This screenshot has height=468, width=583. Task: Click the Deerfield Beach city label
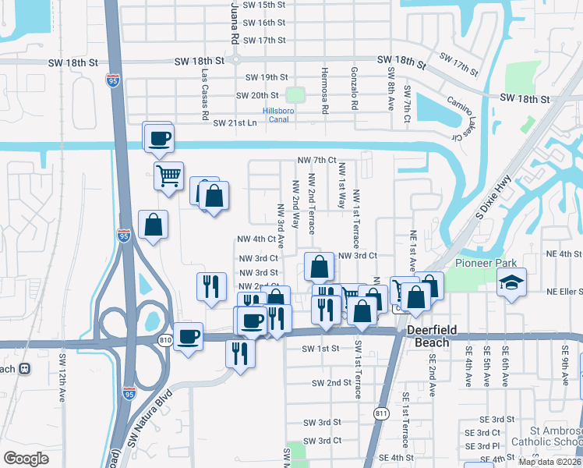[x=429, y=336]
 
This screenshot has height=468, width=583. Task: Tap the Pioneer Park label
[x=482, y=263]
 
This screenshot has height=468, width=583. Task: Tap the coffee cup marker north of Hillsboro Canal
[x=159, y=138]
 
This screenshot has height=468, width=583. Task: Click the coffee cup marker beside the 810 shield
[x=188, y=336]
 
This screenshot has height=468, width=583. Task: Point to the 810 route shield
[x=164, y=340]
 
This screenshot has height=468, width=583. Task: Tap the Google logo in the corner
[x=26, y=459]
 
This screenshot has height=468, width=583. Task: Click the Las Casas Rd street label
[x=205, y=95]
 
